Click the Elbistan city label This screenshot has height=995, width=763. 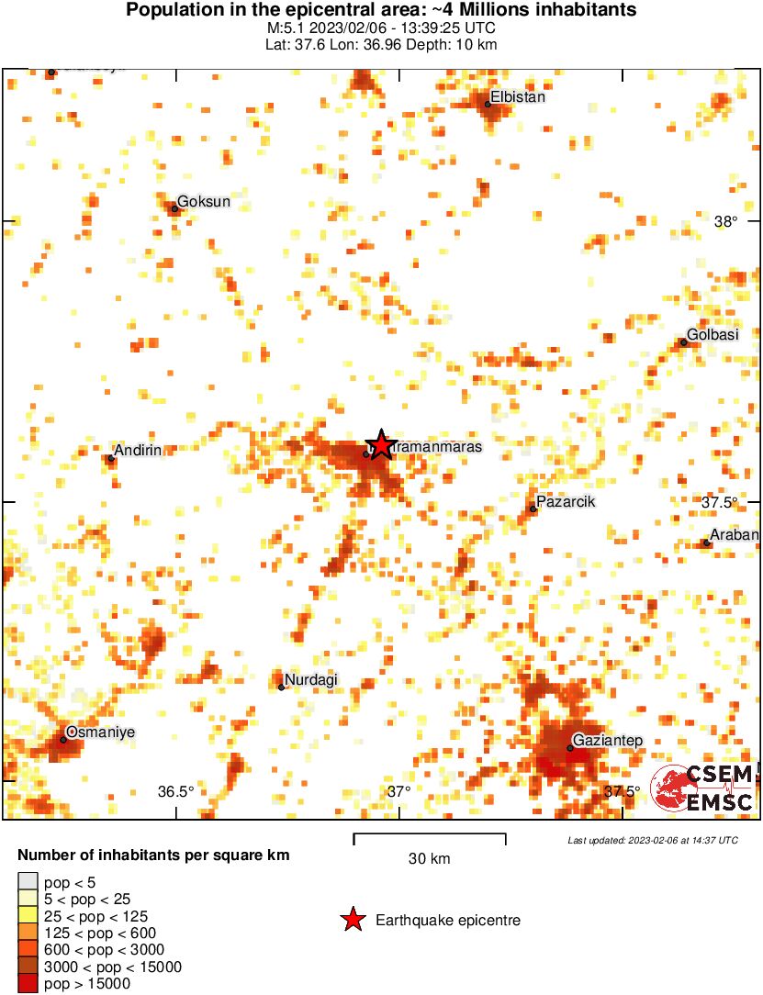pyautogui.click(x=519, y=96)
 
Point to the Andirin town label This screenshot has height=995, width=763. pyautogui.click(x=138, y=450)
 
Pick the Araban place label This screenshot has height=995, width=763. pyautogui.click(x=735, y=536)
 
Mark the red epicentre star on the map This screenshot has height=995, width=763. pyautogui.click(x=380, y=445)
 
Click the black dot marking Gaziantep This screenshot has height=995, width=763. pyautogui.click(x=570, y=748)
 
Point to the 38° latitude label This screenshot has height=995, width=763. pyautogui.click(x=725, y=221)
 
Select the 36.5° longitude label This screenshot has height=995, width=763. pyautogui.click(x=175, y=791)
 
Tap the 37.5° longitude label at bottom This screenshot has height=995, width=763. pyautogui.click(x=623, y=791)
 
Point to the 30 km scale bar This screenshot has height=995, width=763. pyautogui.click(x=430, y=835)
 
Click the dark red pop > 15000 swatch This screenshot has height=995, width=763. pyautogui.click(x=28, y=983)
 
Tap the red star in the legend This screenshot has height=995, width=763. pyautogui.click(x=352, y=920)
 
